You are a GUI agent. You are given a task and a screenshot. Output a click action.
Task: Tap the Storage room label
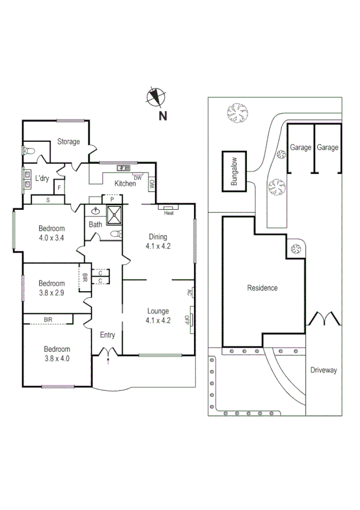pos(69,142)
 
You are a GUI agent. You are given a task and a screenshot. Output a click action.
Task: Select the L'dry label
pos(41,179)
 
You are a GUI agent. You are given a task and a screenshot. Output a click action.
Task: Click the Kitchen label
pos(125,183)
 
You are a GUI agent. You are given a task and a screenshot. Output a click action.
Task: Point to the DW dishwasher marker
pos(138,178)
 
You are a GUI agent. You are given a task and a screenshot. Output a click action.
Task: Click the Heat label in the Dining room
pos(169,212)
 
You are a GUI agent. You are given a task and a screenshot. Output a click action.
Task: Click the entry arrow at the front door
pos(108,360)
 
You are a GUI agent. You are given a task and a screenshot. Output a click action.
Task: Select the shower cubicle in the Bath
pos(114,213)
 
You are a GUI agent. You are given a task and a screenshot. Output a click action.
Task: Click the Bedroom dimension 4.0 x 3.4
pos(51,237)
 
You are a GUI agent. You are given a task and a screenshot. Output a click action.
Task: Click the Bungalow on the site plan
pos(234,171)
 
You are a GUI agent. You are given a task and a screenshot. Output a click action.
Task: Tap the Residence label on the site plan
pos(263,288)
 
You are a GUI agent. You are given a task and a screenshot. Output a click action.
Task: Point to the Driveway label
pos(323,370)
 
